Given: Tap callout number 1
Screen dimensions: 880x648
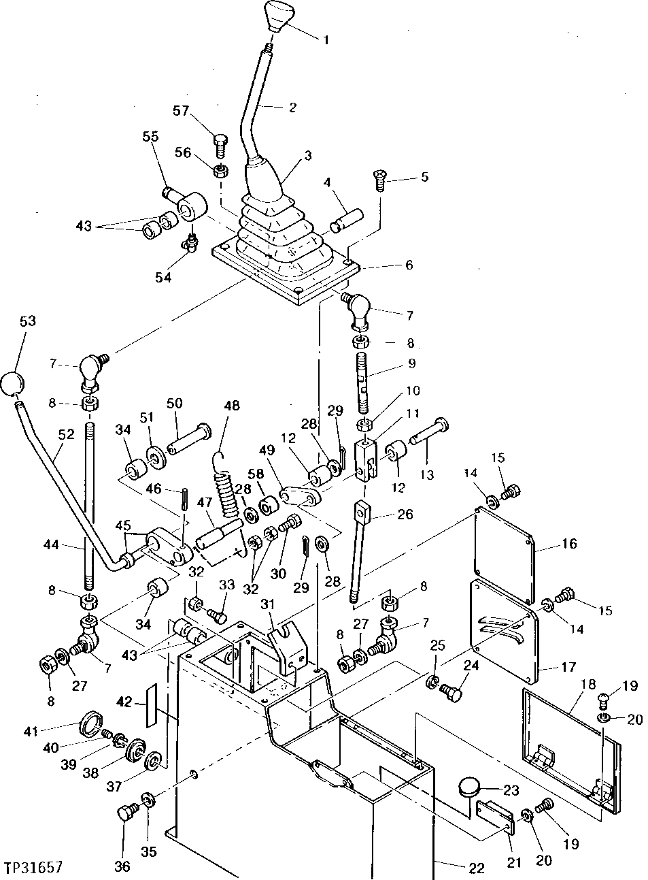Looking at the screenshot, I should [x=325, y=40].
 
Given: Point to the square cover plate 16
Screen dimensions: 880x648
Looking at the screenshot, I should [x=503, y=547].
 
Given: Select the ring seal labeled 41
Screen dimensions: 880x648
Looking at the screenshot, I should [x=92, y=722].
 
